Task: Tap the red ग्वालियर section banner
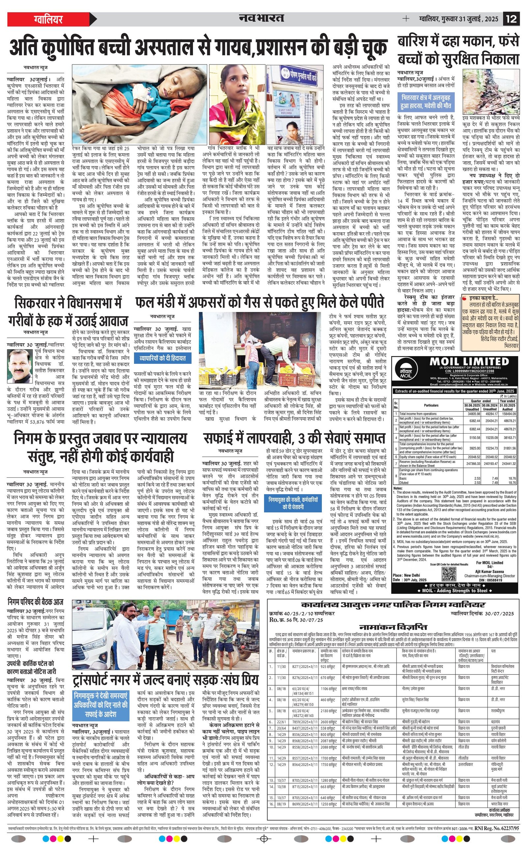pos(49,19)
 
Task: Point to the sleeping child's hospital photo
pos(140,104)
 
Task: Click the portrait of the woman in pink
pos(237,104)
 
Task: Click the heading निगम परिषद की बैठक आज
pos(35,602)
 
